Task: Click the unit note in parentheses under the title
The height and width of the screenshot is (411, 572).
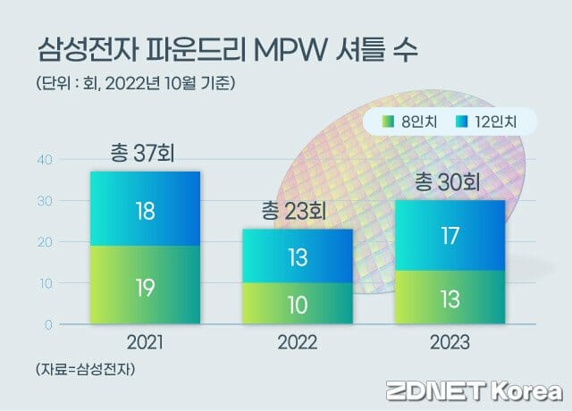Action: click(135, 84)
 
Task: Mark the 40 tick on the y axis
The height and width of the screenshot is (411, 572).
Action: click(45, 160)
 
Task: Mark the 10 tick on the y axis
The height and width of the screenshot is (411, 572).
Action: click(45, 283)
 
